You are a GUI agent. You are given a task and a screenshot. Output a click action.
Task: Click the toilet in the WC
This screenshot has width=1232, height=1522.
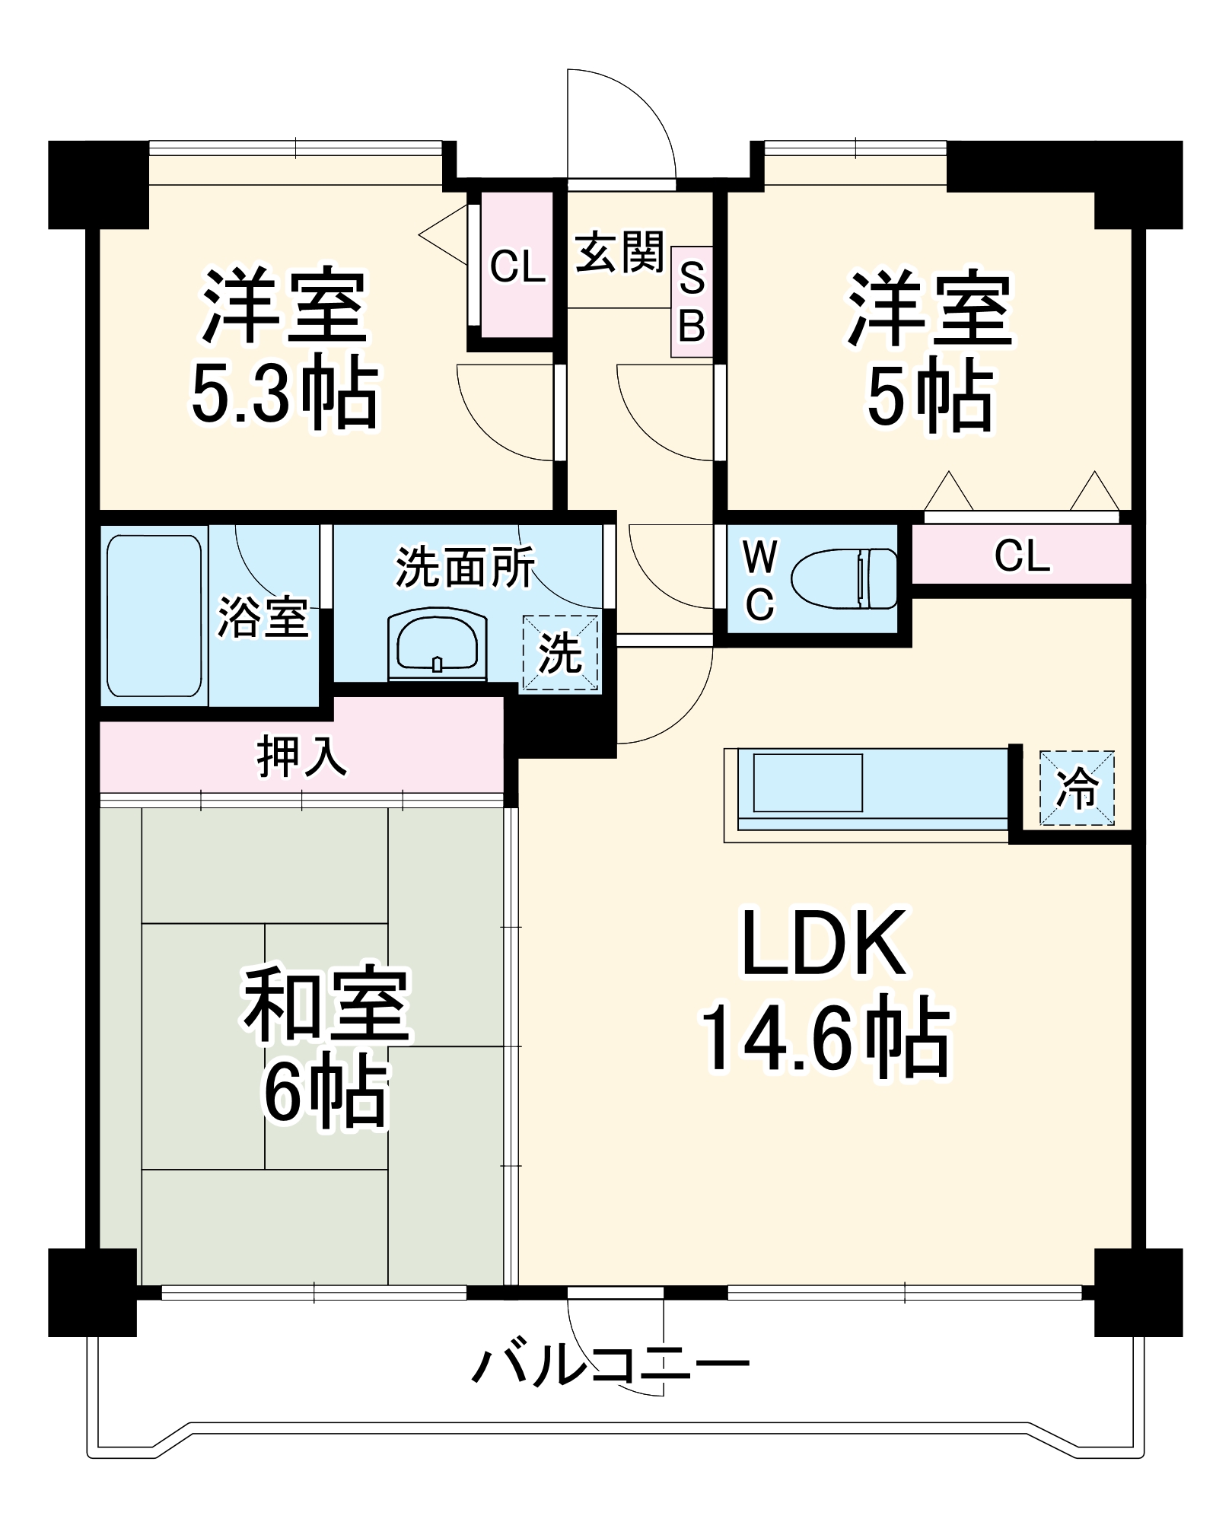click(845, 579)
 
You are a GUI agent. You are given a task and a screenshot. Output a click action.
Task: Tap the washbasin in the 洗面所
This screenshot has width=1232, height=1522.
click(437, 643)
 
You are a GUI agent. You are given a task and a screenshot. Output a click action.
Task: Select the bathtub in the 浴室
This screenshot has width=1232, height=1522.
click(154, 616)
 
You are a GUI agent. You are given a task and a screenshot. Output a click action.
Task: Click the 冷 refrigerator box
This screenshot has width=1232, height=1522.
click(1077, 788)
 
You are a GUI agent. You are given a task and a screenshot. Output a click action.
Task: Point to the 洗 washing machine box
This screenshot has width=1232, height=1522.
click(560, 653)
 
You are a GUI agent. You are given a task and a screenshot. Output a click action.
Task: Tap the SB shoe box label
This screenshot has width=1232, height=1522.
click(691, 302)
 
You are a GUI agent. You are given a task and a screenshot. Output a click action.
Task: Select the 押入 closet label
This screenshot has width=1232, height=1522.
click(302, 756)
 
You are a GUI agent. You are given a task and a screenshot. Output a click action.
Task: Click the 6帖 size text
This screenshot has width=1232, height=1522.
click(326, 1092)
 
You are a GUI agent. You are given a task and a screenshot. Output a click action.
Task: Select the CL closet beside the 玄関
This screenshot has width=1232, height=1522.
click(517, 266)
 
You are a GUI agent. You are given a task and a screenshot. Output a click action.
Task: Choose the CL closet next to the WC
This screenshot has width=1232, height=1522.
click(1021, 555)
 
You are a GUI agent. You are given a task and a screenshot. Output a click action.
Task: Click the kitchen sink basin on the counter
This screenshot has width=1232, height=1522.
click(807, 783)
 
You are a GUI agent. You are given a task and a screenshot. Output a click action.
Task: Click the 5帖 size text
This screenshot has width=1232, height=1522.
click(930, 396)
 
